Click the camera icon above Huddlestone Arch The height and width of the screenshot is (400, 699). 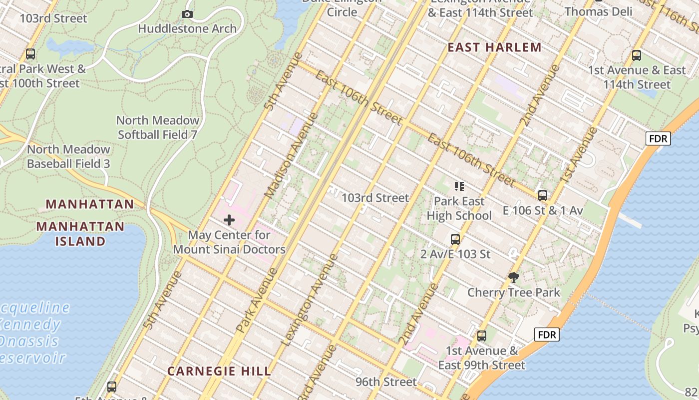[187, 14]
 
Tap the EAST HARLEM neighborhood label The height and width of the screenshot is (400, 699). [494, 47]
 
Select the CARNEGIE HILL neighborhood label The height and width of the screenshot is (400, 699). [219, 371]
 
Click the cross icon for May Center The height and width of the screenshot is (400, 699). [229, 220]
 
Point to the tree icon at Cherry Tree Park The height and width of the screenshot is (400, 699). [513, 277]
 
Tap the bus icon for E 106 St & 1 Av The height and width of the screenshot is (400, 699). [543, 195]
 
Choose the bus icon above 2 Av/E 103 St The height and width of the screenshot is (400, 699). [455, 239]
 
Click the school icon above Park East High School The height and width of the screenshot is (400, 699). [459, 186]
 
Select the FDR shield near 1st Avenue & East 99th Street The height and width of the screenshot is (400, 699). [546, 334]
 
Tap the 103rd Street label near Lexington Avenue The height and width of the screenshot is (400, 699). [374, 198]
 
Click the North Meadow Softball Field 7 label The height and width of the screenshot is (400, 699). [158, 127]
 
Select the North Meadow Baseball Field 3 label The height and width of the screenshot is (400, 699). [68, 156]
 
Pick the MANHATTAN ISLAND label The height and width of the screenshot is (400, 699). [80, 233]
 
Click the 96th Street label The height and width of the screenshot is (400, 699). [386, 382]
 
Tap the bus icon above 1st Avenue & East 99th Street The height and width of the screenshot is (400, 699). [482, 336]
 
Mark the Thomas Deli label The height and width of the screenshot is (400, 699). [598, 11]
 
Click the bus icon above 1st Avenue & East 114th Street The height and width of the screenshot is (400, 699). [637, 55]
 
